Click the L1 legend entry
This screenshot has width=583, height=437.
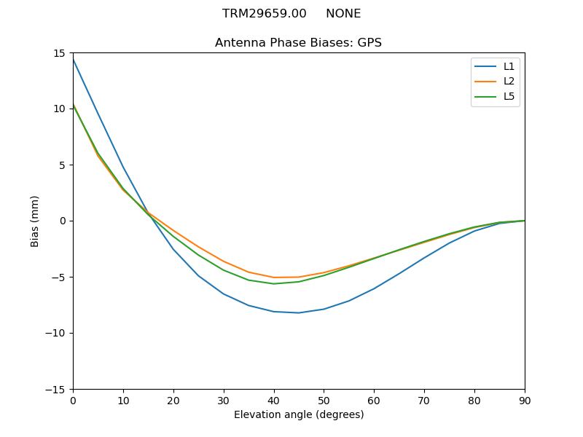[509, 66]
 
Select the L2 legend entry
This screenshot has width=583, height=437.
[509, 82]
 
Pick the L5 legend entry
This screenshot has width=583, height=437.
[509, 96]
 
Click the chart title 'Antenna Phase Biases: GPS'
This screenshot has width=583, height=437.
[298, 43]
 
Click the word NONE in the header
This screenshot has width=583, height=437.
[343, 14]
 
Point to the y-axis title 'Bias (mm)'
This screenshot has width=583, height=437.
[35, 221]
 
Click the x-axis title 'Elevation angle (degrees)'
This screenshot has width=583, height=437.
[299, 414]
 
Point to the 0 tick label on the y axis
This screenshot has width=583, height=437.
[63, 221]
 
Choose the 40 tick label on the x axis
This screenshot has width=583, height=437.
[274, 400]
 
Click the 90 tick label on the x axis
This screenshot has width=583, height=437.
[525, 400]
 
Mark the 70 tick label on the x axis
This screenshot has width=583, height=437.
[424, 400]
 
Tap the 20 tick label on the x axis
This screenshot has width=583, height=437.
[173, 400]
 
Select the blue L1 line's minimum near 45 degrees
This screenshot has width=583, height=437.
[299, 312]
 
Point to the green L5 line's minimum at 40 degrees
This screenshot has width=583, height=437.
[274, 283]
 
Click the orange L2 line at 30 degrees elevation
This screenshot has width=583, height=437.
[224, 261]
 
